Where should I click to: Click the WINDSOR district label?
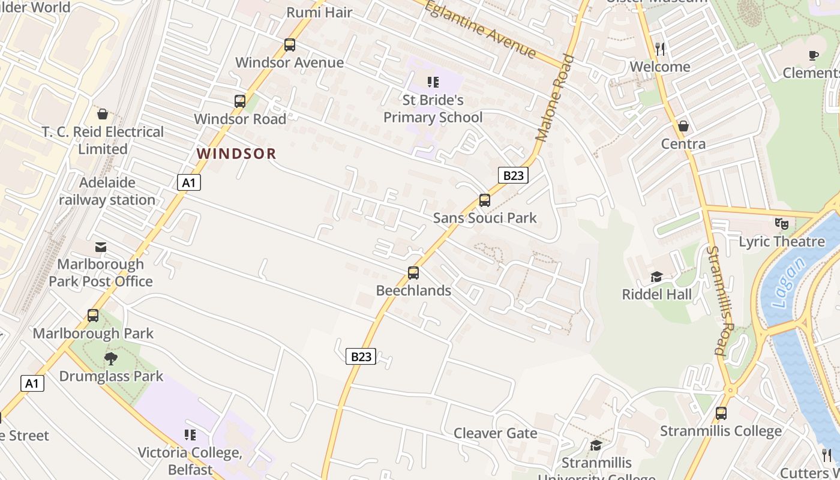[x=236, y=154]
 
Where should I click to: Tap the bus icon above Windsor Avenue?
[x=290, y=45]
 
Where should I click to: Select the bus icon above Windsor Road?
[x=240, y=101]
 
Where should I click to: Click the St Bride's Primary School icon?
[x=433, y=82]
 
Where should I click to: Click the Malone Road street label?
[x=555, y=98]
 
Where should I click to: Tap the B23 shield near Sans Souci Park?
[x=513, y=175]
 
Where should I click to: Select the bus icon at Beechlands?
[x=413, y=273]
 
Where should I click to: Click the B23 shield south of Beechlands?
[x=361, y=356]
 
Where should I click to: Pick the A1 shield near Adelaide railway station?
[x=188, y=182]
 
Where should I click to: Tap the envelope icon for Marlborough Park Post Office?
[x=101, y=247]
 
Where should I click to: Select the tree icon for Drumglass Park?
[x=111, y=359]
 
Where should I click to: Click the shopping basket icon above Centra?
[x=683, y=127]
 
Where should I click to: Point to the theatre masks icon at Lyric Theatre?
[x=781, y=224]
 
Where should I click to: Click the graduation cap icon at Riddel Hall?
[x=656, y=277]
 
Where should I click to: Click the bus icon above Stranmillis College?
[x=721, y=413]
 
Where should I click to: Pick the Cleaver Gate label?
[x=495, y=433]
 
